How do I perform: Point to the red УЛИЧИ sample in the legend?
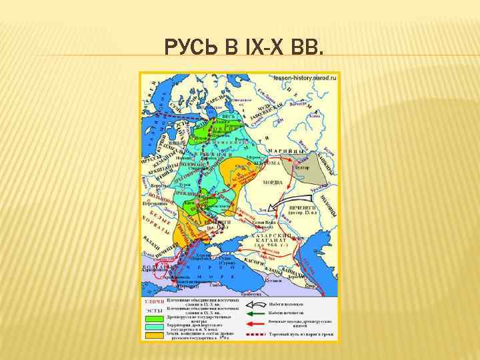(x=154, y=302)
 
